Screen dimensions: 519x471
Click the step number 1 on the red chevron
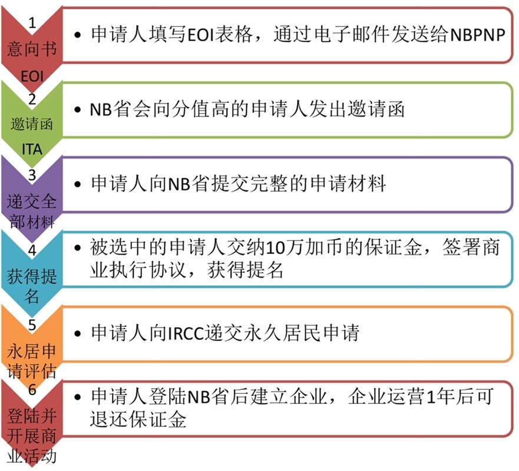pyautogui.click(x=32, y=23)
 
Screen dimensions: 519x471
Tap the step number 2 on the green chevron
pyautogui.click(x=32, y=99)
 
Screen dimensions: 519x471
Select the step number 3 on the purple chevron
pyautogui.click(x=32, y=175)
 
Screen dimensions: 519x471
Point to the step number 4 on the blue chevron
pyautogui.click(x=32, y=250)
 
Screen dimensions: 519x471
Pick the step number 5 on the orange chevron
pyautogui.click(x=32, y=325)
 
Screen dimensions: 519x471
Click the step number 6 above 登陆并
pyautogui.click(x=32, y=390)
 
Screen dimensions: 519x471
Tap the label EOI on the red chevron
pyautogui.click(x=32, y=76)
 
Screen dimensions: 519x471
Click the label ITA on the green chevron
pyautogui.click(x=32, y=149)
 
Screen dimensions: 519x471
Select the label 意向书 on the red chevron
pyautogui.click(x=32, y=49)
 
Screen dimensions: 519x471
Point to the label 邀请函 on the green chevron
pyautogui.click(x=32, y=125)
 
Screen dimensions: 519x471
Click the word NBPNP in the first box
pyautogui.click(x=478, y=34)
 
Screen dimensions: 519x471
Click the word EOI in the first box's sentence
pyautogui.click(x=200, y=34)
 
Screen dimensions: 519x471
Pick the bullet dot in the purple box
pyautogui.click(x=78, y=184)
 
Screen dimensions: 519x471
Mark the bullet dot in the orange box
pyautogui.click(x=78, y=333)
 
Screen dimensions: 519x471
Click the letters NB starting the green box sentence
pyautogui.click(x=101, y=109)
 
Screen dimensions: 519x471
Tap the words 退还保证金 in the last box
pyautogui.click(x=138, y=419)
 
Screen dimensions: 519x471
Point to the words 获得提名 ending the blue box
pyautogui.click(x=245, y=270)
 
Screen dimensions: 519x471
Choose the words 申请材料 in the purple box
pyautogui.click(x=348, y=183)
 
